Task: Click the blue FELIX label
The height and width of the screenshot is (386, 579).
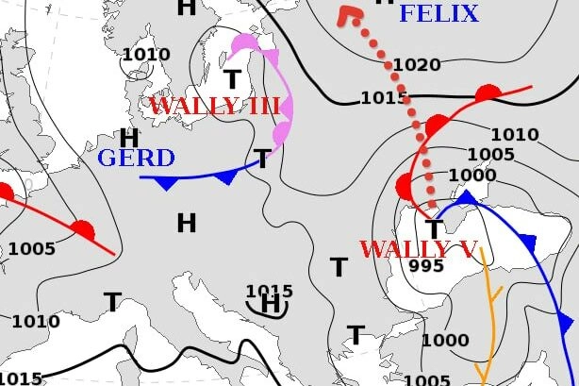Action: click(x=438, y=13)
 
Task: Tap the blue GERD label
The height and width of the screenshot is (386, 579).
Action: click(x=136, y=158)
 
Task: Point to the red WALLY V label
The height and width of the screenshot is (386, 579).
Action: click(x=419, y=250)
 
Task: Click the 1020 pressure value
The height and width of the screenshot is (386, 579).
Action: click(x=417, y=65)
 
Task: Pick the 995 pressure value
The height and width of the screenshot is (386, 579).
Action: click(x=426, y=267)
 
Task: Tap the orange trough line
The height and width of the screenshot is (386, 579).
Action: click(x=491, y=311)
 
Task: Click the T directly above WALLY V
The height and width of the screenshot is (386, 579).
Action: click(x=434, y=229)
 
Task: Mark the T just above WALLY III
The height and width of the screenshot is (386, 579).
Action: click(x=232, y=79)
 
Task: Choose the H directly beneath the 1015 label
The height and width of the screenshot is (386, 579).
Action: click(x=272, y=305)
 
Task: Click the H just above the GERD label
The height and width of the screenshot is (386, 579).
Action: click(x=129, y=138)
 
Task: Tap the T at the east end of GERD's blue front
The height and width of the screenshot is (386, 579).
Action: click(x=263, y=159)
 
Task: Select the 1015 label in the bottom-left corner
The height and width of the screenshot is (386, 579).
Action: click(x=21, y=378)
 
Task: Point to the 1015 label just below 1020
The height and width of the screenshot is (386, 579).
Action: click(x=384, y=98)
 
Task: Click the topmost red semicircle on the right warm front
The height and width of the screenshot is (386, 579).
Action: click(x=487, y=92)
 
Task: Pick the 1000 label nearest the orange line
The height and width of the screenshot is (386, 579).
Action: click(x=445, y=341)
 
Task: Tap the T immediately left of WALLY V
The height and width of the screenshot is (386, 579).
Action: click(x=338, y=267)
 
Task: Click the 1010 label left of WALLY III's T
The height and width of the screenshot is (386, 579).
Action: click(x=146, y=55)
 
